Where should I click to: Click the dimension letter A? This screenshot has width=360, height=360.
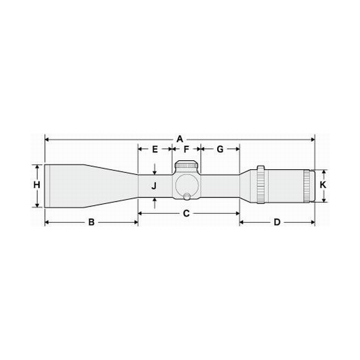point(180,139)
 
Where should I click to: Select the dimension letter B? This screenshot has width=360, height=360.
point(91,222)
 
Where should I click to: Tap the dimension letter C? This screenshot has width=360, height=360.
point(186,213)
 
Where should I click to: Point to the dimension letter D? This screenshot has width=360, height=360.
point(277,222)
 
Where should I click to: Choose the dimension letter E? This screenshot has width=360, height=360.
point(155,149)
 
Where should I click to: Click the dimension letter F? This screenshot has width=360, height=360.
point(186,149)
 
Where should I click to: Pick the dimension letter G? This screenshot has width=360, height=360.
point(220,149)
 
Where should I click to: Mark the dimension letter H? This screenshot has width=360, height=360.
point(37,185)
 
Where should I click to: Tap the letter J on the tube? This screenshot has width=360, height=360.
point(154,186)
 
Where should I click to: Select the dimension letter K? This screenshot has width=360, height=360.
point(323,185)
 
